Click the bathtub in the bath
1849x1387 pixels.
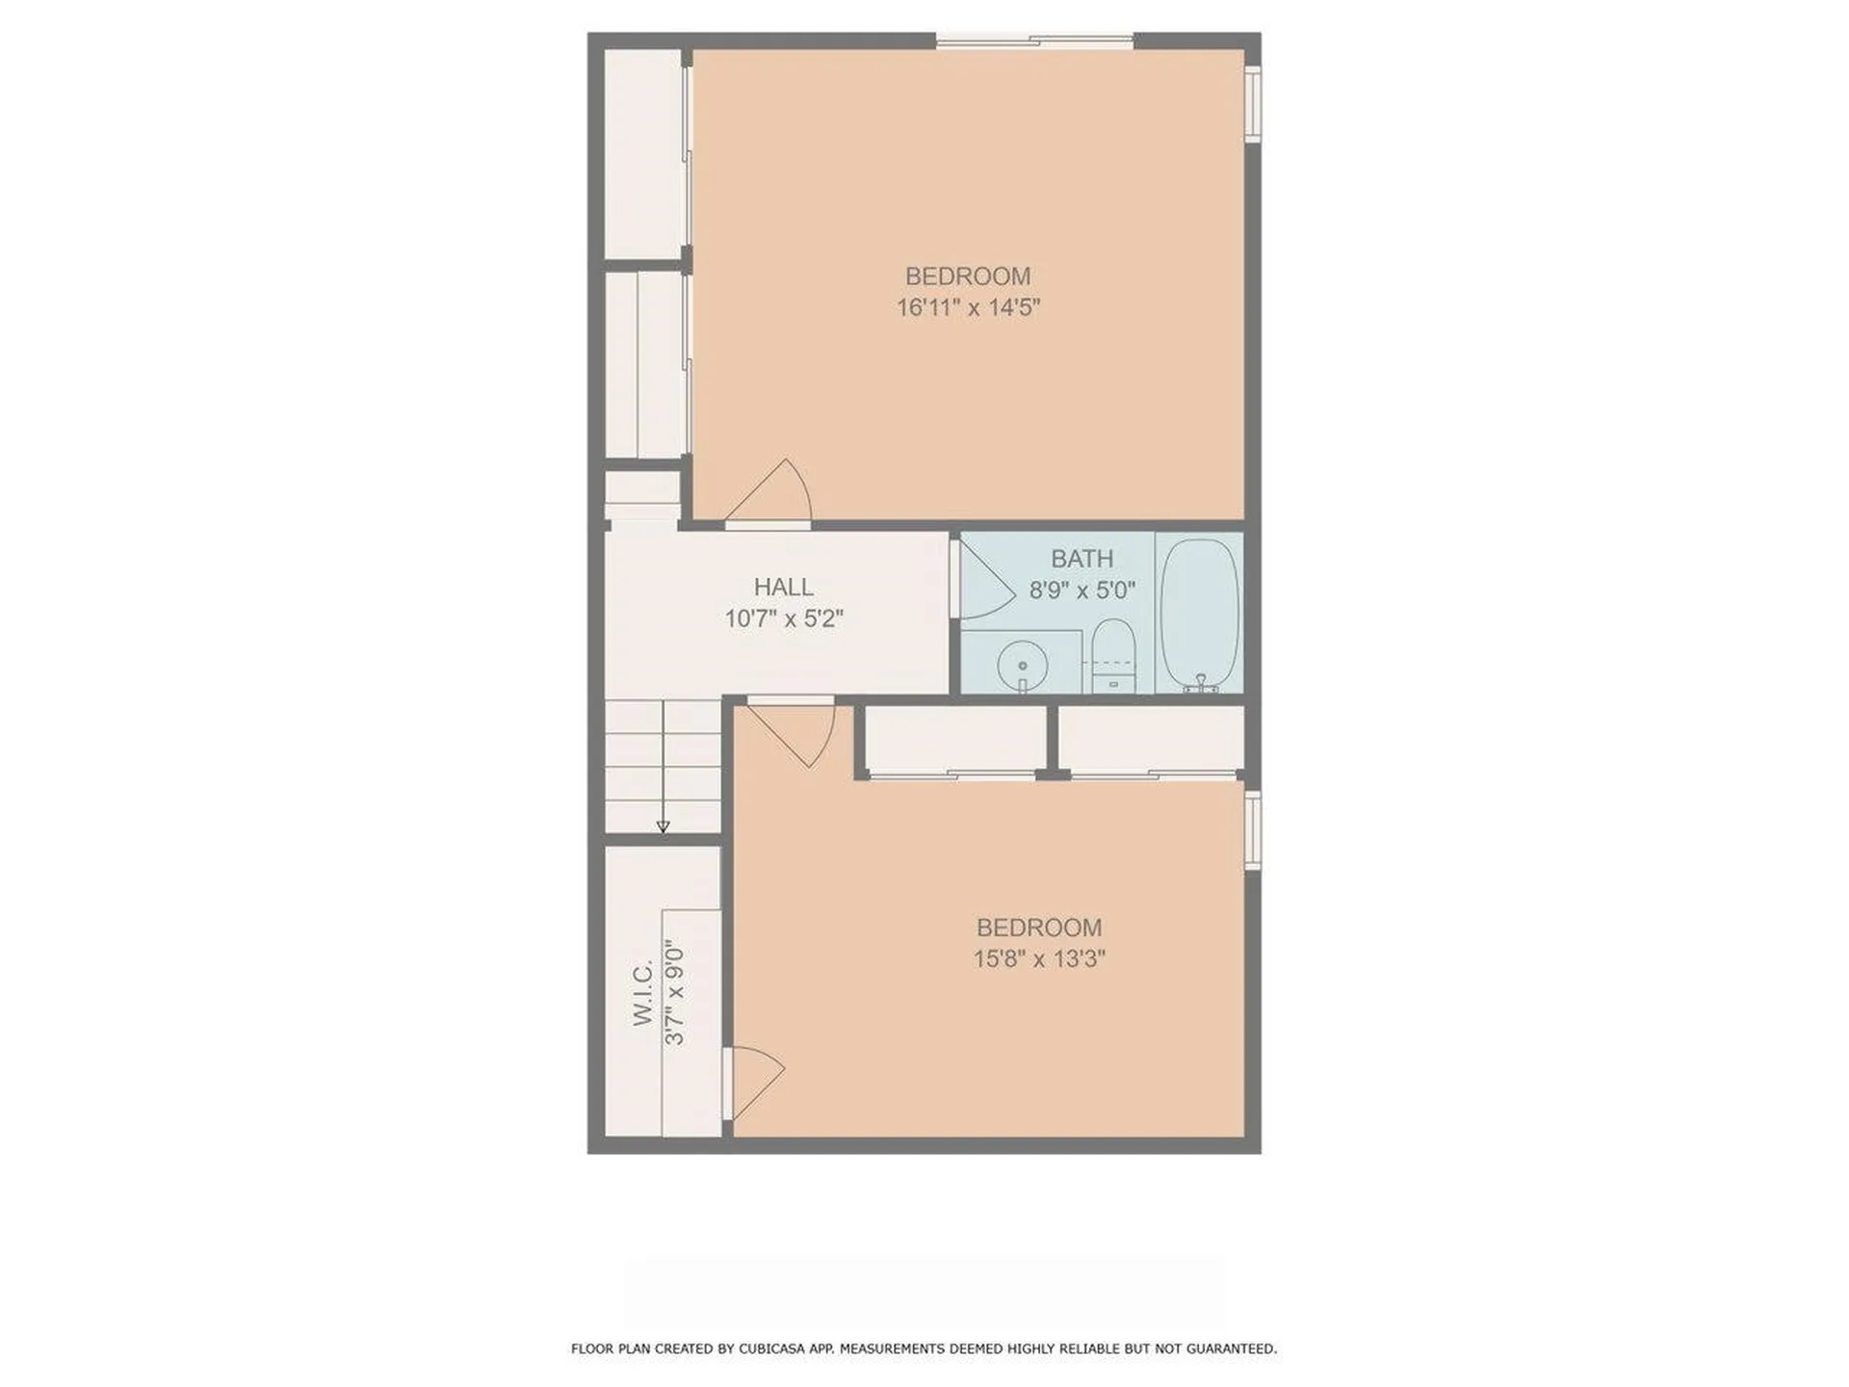[x=1199, y=613]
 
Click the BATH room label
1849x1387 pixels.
[x=1081, y=559]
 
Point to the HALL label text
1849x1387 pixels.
[x=783, y=587]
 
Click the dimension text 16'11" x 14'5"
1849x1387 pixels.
[x=968, y=308]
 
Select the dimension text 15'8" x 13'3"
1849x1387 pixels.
[x=1038, y=959]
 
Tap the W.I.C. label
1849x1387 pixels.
[x=643, y=992]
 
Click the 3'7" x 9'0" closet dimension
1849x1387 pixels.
[x=675, y=993]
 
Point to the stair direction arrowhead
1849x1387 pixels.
[x=663, y=826]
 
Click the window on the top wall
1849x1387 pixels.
[x=1034, y=40]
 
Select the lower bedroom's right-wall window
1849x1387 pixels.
[x=1252, y=830]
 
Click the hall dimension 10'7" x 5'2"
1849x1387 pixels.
[x=783, y=618]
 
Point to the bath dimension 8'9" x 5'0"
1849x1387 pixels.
[x=1081, y=589]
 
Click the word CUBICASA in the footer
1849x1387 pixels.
[x=770, y=1348]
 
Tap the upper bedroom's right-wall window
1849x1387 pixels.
[x=1252, y=103]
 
